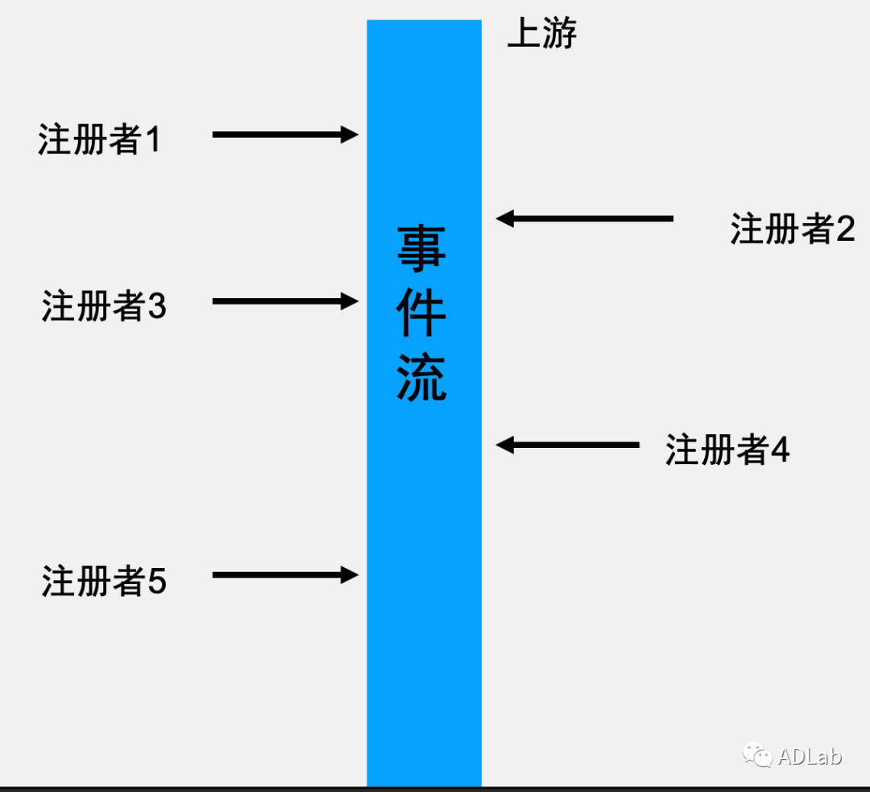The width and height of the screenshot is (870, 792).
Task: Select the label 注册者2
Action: [x=793, y=229]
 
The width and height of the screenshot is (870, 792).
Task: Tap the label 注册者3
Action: [x=104, y=306]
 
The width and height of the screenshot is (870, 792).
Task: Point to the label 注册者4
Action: [x=727, y=450]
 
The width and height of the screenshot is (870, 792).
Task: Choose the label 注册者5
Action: [x=104, y=581]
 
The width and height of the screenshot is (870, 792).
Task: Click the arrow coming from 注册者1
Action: [x=284, y=135]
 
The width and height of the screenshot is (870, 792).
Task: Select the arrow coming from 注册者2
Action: [x=585, y=218]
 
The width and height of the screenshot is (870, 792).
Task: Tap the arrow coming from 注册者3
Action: [x=284, y=301]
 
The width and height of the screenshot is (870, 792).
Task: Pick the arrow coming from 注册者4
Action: [x=568, y=444]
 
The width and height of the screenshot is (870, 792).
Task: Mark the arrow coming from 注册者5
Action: [x=284, y=574]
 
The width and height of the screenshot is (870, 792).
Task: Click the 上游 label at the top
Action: [x=541, y=35]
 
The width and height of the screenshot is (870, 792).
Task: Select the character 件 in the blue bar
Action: [x=421, y=314]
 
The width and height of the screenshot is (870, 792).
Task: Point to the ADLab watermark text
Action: [x=809, y=757]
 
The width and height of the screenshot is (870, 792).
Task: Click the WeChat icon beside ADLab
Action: [x=758, y=755]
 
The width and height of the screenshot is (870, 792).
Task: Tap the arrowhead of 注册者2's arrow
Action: [x=505, y=218]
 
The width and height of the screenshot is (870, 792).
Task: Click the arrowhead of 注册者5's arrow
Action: [x=350, y=574]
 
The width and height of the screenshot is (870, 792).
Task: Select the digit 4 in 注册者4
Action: [x=780, y=450]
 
